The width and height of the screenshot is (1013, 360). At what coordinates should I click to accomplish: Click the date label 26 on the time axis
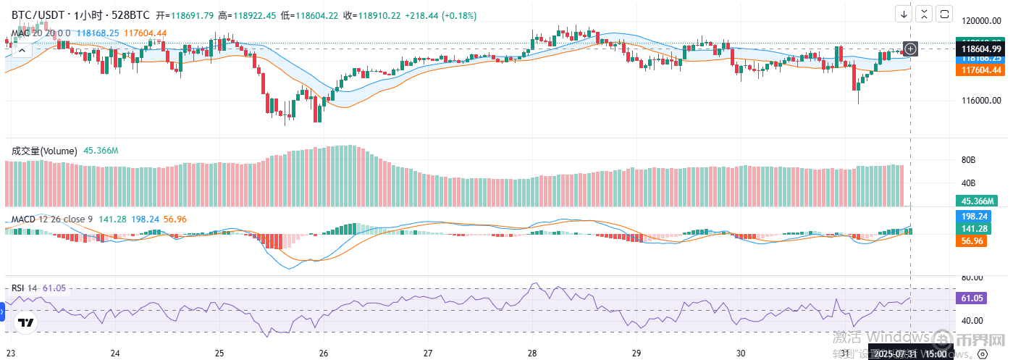(x=324, y=353)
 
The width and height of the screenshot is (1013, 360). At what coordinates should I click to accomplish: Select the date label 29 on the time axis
(x=634, y=353)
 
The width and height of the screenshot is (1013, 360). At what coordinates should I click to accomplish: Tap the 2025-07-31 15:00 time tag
(x=909, y=353)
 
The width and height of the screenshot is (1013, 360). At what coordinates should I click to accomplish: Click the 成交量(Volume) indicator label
(x=43, y=151)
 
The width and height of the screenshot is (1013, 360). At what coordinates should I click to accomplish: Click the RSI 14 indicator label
(x=25, y=288)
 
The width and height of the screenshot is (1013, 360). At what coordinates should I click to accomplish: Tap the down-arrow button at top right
(x=904, y=14)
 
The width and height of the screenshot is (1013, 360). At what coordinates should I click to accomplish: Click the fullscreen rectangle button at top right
(x=944, y=14)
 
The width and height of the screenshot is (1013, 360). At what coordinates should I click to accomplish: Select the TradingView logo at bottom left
(x=27, y=323)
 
